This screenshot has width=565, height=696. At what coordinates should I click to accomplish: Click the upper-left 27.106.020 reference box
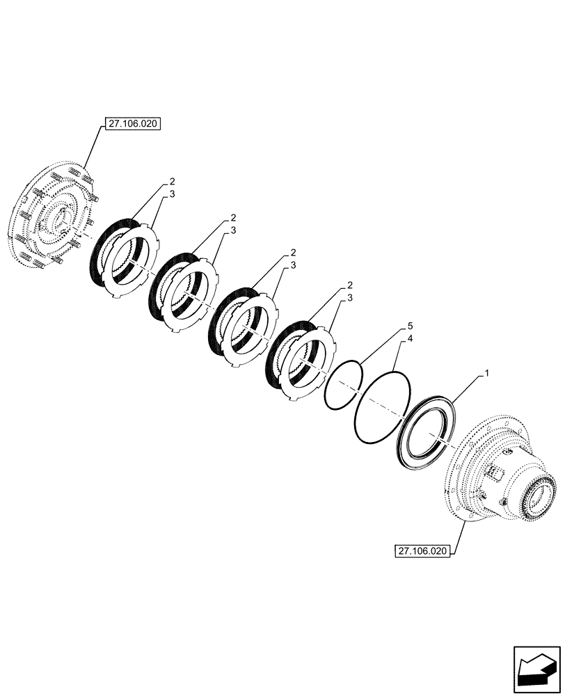click(x=132, y=125)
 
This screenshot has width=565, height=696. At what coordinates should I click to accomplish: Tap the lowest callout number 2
click(x=349, y=286)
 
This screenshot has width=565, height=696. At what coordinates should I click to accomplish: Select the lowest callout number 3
click(x=349, y=298)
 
